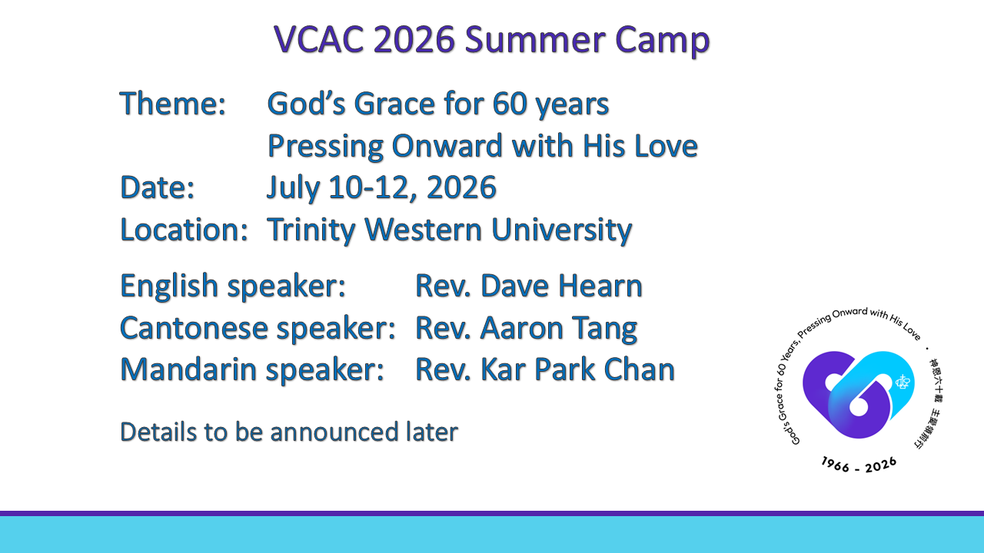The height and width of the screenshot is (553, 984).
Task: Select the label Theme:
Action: click(172, 104)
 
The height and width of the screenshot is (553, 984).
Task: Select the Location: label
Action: click(184, 230)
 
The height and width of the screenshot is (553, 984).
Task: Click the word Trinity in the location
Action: click(311, 230)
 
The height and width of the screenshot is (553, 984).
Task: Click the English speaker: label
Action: click(232, 286)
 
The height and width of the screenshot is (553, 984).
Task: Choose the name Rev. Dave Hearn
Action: click(528, 286)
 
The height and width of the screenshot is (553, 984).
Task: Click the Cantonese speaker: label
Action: click(258, 329)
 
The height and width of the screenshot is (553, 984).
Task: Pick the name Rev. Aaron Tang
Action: click(526, 329)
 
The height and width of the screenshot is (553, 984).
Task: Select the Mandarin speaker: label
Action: click(252, 370)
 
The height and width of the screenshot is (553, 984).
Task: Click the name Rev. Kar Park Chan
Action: click(544, 370)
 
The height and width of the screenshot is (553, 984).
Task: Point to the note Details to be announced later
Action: click(289, 432)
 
